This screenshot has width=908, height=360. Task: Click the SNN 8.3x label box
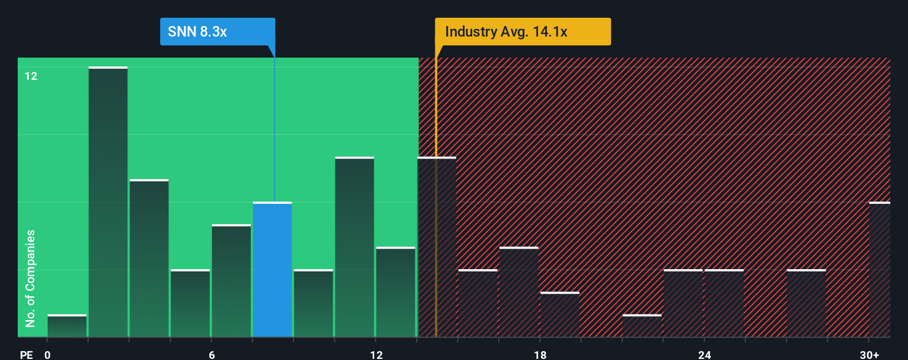[x=217, y=32]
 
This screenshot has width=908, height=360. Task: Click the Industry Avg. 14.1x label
[x=522, y=32]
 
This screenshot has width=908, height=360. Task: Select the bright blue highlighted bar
[x=272, y=270]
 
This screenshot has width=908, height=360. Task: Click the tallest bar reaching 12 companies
[x=108, y=202]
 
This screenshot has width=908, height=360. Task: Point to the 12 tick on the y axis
[x=31, y=76]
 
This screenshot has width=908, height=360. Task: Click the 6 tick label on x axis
[x=211, y=354]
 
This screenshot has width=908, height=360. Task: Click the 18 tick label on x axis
[x=540, y=354]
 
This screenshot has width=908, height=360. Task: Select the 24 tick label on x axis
[x=704, y=354]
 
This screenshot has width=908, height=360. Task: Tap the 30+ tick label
[x=869, y=354]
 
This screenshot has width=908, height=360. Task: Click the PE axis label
[x=26, y=354]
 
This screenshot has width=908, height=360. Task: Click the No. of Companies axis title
[x=30, y=278]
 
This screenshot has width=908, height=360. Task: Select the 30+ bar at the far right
[x=879, y=270]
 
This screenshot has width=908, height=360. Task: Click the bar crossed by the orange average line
[x=437, y=247]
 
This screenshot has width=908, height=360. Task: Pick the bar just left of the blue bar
[x=231, y=281]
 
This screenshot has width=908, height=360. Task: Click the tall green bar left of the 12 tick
[x=354, y=247]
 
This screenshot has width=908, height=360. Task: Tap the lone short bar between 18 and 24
[x=642, y=326]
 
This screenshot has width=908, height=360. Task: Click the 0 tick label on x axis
[x=48, y=354]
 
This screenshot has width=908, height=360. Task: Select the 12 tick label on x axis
[x=376, y=354]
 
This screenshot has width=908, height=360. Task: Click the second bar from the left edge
[x=108, y=202]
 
